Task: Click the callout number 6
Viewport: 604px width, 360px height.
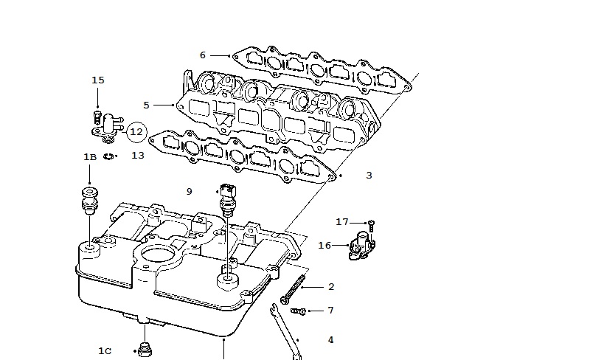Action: tap(203, 55)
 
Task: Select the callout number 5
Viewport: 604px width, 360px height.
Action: tap(146, 105)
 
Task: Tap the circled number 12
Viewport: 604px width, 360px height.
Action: tap(136, 132)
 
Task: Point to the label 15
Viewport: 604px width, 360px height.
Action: tap(98, 80)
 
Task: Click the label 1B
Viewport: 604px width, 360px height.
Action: tap(90, 157)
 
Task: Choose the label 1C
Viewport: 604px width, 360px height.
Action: tap(105, 351)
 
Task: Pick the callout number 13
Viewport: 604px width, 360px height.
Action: tap(137, 156)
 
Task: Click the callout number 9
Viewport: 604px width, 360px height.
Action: tap(189, 192)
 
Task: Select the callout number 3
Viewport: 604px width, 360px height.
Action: tap(369, 176)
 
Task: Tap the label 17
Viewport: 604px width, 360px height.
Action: tap(342, 222)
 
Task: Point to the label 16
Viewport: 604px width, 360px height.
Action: tap(324, 246)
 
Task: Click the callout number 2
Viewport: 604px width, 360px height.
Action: tap(331, 287)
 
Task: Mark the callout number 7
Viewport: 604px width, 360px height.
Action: tap(330, 311)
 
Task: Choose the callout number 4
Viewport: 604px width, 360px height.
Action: tap(330, 340)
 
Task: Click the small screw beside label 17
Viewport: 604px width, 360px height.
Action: tap(371, 226)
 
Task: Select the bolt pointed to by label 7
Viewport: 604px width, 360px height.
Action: tap(298, 311)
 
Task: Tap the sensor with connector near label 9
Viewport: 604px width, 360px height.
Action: tap(227, 197)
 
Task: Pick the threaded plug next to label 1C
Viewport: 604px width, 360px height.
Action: tap(145, 349)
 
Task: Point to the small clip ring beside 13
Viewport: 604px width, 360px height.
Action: tap(108, 156)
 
